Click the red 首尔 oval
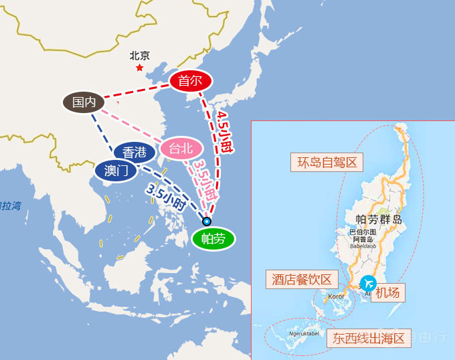point(190,82)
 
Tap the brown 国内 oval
point(84,102)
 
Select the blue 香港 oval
point(134,153)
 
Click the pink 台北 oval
point(181,148)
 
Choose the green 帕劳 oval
point(213,239)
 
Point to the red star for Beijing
point(139,68)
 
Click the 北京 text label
point(140,56)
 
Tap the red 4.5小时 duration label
point(225,131)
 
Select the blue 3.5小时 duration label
point(166,197)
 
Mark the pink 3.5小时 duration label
point(205,180)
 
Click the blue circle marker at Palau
point(207,221)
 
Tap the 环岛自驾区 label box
point(326,163)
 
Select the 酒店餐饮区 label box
point(302,280)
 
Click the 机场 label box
point(387,292)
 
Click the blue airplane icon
point(368,283)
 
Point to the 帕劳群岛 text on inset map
point(379,219)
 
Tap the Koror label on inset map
point(336,296)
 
